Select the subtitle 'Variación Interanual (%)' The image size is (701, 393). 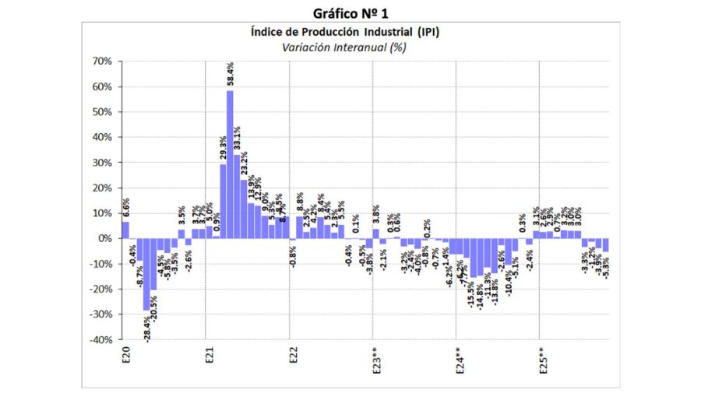click(350, 47)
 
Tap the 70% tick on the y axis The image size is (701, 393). click(102, 61)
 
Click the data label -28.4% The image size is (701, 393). click(147, 328)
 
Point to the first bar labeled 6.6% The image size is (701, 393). click(125, 230)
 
